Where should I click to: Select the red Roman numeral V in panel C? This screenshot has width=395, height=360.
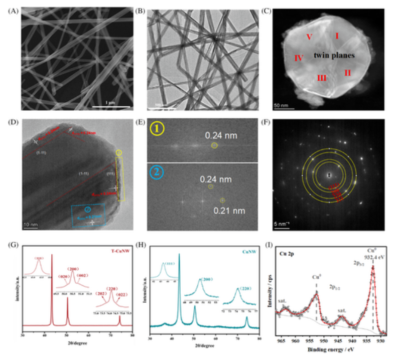pyautogui.click(x=310, y=37)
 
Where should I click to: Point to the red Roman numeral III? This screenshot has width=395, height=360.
pyautogui.click(x=322, y=78)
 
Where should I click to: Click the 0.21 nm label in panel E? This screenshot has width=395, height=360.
pyautogui.click(x=225, y=210)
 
